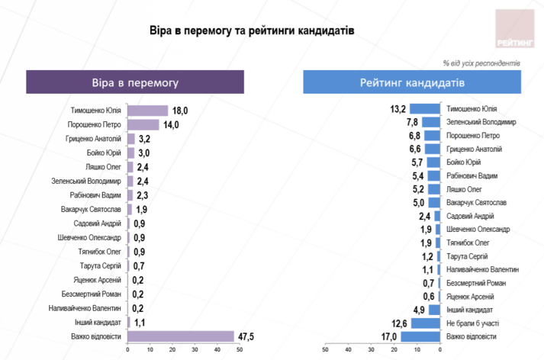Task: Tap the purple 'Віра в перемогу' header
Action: tap(135, 82)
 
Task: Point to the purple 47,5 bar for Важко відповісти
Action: tap(180, 336)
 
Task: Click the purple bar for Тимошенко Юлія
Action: tap(147, 111)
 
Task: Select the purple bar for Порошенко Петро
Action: tap(143, 125)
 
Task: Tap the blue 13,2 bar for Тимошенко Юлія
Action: tap(426, 108)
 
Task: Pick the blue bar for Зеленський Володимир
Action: tap(432, 121)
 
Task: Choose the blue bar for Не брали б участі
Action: tap(427, 323)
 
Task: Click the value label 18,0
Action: tap(180, 111)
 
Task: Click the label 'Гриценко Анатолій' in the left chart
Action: tap(92, 140)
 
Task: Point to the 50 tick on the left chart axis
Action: tap(239, 351)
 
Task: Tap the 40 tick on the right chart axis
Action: tap(349, 351)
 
